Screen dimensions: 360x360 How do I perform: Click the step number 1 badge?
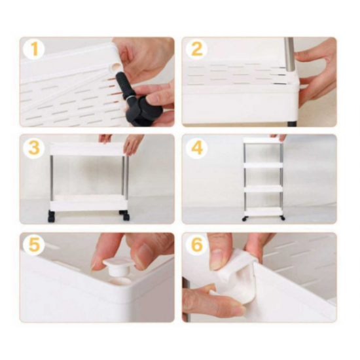(34, 49)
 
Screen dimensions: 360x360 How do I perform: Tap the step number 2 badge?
(196, 49)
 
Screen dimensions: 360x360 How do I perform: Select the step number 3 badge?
(34, 147)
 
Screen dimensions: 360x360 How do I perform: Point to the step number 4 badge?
(196, 147)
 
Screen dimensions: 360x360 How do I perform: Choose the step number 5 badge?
(34, 245)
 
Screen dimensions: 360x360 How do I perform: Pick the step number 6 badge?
(196, 245)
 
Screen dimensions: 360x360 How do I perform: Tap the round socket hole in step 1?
(115, 67)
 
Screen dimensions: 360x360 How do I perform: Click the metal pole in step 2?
(289, 54)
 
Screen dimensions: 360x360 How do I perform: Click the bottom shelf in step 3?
(88, 203)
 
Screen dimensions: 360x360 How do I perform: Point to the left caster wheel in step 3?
(52, 216)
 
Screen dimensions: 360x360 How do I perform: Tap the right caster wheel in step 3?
(125, 215)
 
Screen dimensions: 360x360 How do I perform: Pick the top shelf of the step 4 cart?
(263, 140)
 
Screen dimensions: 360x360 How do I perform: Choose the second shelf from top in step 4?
(263, 165)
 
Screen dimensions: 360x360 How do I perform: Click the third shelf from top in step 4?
(263, 189)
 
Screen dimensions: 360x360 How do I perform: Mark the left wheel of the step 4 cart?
(245, 219)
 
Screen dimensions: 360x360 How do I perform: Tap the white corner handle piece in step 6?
(237, 278)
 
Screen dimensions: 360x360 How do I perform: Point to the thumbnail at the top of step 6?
(216, 259)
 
